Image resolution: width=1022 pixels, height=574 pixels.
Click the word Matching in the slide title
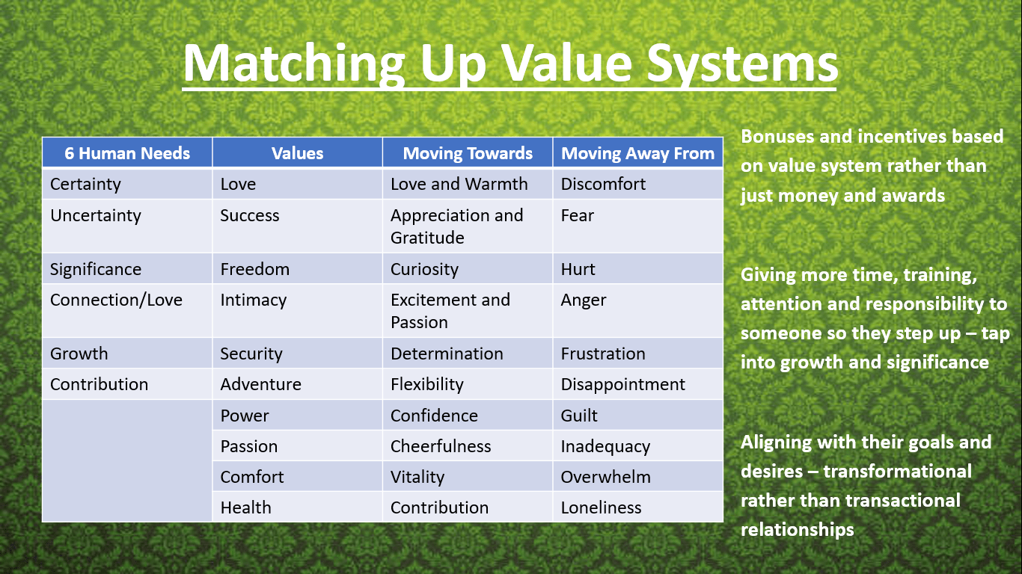pos(294,63)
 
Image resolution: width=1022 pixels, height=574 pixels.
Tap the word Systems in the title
pos(742,63)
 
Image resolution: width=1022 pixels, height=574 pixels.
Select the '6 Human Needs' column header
pos(127,153)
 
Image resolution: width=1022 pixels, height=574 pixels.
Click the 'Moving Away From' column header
pos(638,153)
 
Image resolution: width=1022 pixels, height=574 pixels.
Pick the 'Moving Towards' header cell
pos(468,153)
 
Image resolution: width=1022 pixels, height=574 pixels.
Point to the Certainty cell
pos(127,184)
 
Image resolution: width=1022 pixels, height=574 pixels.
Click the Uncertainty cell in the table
pos(127,226)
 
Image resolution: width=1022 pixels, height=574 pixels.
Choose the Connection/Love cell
pos(127,310)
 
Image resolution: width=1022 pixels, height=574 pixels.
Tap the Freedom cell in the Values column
pos(298,269)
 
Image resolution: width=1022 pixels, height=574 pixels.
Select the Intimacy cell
pos(298,310)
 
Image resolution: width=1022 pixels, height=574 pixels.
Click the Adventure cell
pos(298,384)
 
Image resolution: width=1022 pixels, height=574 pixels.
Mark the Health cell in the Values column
pos(298,507)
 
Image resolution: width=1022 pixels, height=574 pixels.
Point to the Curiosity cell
pos(468,269)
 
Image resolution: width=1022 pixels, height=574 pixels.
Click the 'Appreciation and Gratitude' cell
pos(468,226)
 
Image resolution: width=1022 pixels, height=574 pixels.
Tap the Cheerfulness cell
pos(468,446)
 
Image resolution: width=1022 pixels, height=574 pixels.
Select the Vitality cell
pos(468,476)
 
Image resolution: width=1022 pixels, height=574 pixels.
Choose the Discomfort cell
pos(638,184)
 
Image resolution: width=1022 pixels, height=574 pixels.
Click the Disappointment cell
pos(638,384)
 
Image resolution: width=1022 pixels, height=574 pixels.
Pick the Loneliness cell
pos(638,507)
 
